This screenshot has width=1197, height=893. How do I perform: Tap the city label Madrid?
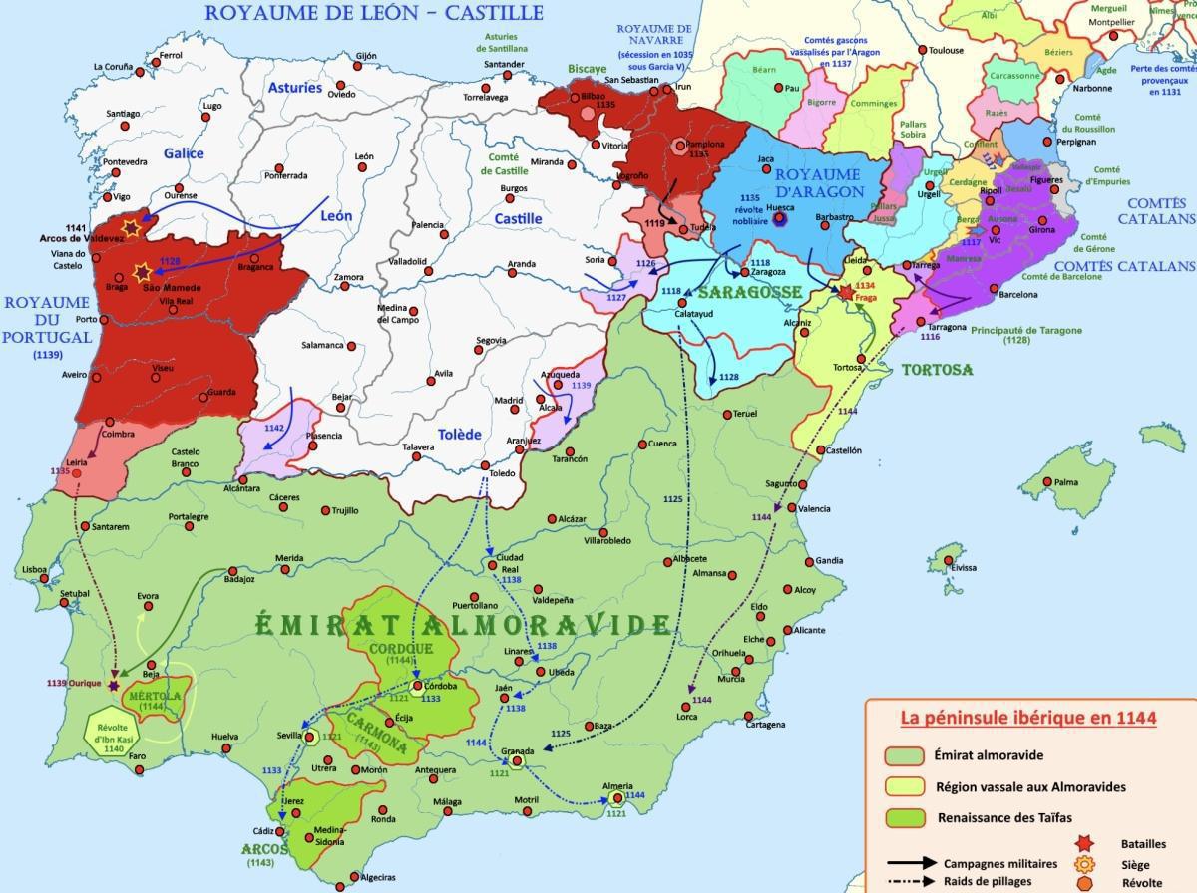coord(508,400)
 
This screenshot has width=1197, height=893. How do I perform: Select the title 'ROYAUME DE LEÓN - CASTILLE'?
coord(373,13)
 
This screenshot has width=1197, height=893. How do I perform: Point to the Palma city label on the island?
coord(1066,482)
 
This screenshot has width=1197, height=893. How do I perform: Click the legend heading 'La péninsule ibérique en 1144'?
coord(1027,718)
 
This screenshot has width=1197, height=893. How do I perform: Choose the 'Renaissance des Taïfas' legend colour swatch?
coord(904,818)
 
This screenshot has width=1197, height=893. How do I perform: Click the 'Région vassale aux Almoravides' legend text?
coord(1030,786)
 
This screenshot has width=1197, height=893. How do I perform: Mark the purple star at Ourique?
coord(113,685)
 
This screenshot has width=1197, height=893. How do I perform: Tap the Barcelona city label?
coord(1014,295)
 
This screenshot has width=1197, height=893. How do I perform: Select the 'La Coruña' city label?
coord(113,67)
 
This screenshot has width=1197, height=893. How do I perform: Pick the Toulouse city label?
coord(946,50)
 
